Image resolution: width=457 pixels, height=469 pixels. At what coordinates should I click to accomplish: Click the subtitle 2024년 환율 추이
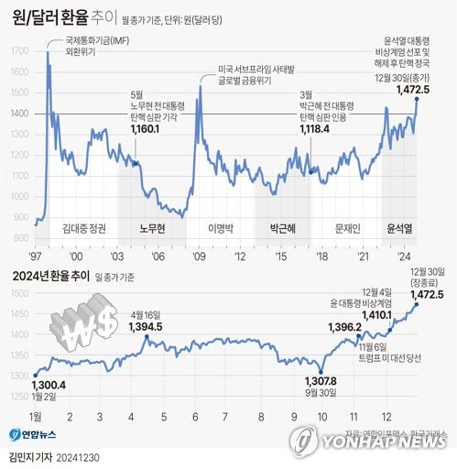48,274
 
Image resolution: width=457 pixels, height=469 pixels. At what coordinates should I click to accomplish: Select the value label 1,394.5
146,327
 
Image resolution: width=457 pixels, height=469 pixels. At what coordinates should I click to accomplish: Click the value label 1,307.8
321,381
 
